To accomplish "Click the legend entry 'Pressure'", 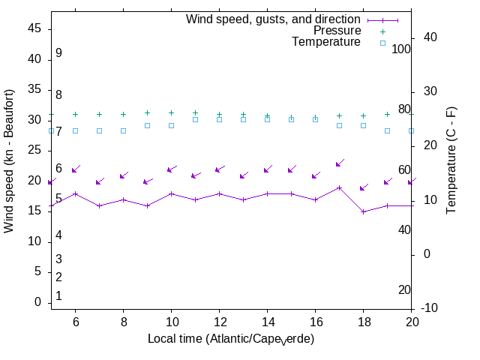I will pos(337,31).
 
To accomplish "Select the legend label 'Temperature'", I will pos(326,42).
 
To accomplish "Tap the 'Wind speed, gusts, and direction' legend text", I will pos(273,19).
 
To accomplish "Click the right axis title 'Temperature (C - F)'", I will pos(451,160).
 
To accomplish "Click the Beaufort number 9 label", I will pos(58,53).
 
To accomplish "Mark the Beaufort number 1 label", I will pos(58,296).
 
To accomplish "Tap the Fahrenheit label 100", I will pos(401,49).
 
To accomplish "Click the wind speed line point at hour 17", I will pos(339,187).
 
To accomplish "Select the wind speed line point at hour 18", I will pos(363,211).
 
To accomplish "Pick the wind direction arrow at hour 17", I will pos(340,163).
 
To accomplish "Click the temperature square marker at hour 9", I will pos(147,125).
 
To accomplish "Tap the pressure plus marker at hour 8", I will pos(123,115).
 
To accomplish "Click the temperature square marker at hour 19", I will pos(387,130).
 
